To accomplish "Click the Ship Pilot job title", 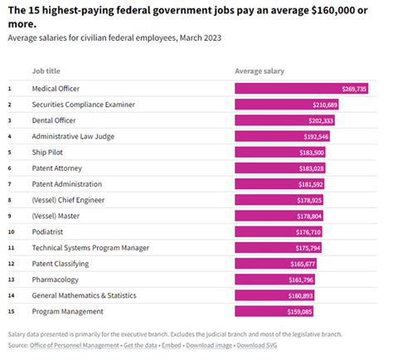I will coord(49,152).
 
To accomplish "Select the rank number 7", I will coord(9,183).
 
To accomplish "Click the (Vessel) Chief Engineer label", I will coord(67,199).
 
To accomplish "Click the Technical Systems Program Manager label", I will coord(90,247).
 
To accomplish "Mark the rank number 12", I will coord(10,263).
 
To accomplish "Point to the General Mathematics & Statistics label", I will coord(85,295).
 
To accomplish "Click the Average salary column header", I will coord(260,71).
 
